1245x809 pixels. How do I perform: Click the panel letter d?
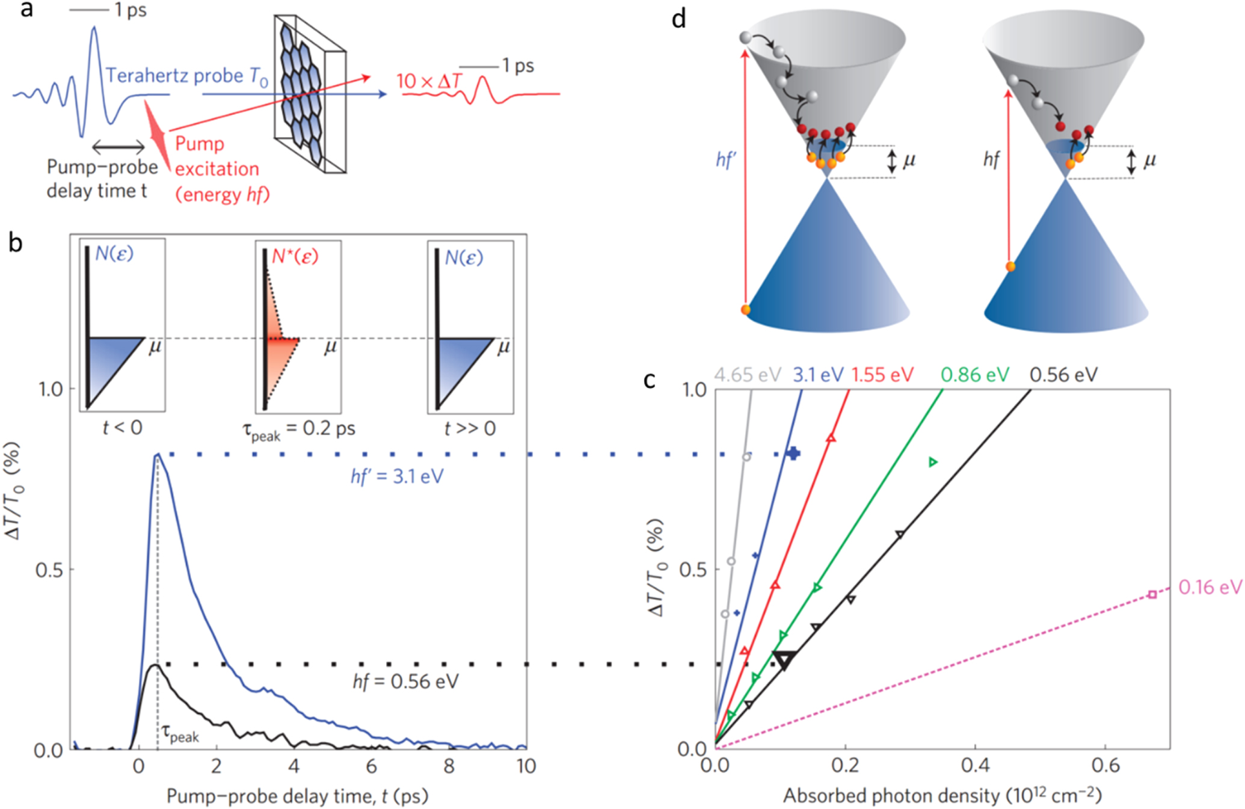tap(678, 19)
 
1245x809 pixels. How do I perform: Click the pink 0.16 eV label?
tap(1210, 587)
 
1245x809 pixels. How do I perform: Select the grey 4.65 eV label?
tap(747, 375)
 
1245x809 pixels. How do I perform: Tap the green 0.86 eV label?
tap(974, 375)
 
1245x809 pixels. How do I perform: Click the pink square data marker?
tap(1152, 594)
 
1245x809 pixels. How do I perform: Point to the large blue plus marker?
tap(793, 454)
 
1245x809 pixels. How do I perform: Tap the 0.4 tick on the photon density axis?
tap(975, 765)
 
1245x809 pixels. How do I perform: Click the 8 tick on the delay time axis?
tap(449, 766)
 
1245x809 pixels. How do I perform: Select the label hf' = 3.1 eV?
tap(397, 477)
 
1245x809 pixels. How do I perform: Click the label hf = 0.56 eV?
tap(405, 681)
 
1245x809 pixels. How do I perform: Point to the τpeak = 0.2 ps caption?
tap(298, 429)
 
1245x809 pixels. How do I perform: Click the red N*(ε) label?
tap(295, 257)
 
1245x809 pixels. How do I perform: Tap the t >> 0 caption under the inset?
tap(470, 428)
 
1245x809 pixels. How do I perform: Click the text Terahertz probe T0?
tap(186, 76)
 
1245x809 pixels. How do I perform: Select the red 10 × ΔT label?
tap(428, 81)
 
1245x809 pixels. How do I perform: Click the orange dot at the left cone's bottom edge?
tap(746, 310)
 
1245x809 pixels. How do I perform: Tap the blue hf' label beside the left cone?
tap(726, 160)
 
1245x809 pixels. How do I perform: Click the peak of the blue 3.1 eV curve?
tap(157, 455)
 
